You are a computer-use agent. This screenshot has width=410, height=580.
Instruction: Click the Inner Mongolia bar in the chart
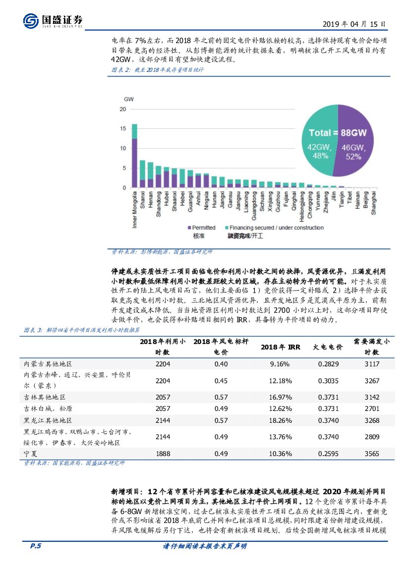coord(134,156)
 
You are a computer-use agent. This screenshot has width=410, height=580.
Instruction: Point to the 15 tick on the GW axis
coord(123,128)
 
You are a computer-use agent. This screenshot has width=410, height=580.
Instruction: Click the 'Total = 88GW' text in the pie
coord(337,133)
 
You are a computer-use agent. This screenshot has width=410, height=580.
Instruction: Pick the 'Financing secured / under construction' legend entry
coord(274,228)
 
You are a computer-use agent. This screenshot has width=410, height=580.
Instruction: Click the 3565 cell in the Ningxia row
coord(371,454)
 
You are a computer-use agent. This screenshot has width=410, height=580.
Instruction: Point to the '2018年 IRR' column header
coord(280,348)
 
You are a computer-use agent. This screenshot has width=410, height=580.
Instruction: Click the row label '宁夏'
coord(31,454)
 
